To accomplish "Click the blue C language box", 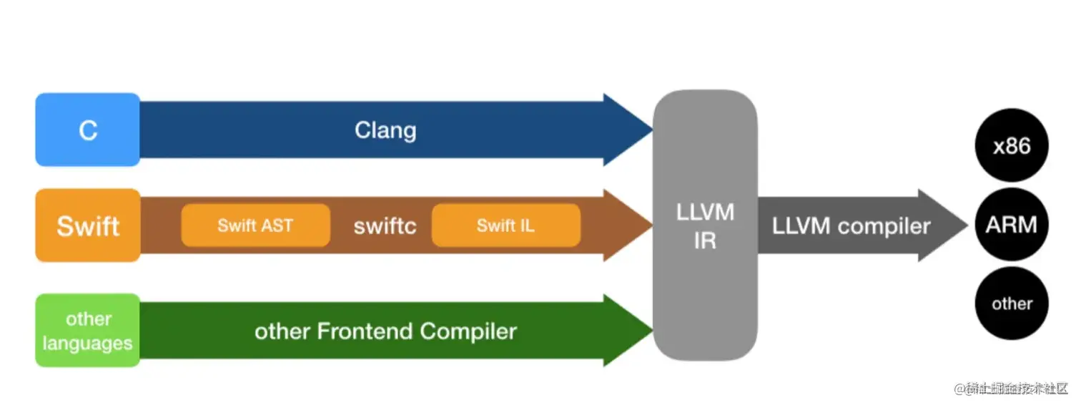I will point(87,130).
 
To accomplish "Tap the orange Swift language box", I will point(87,225).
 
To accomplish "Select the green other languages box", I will point(87,331).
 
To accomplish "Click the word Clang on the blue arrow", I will point(385,130).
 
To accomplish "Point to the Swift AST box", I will point(255,225).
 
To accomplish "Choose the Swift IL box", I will point(505,225).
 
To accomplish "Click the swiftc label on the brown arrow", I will point(385,226).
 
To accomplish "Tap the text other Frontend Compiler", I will point(385,331).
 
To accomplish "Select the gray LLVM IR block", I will point(704,225).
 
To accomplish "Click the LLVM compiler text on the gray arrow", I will point(851,226).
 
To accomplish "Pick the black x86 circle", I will point(1012,147).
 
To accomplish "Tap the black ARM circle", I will point(1012,225).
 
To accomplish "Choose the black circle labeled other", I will point(1012,303).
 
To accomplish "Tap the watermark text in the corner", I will point(1010,389).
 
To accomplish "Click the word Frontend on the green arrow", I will point(365,331).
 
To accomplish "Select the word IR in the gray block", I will point(704,241).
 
